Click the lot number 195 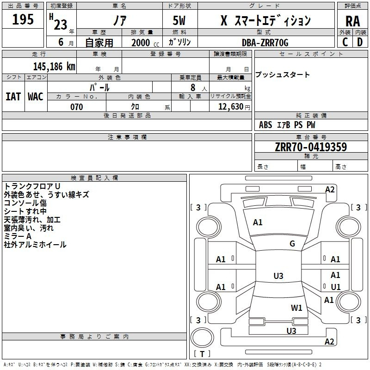[x=23, y=19]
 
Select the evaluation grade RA [x=352, y=22]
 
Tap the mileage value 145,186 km [x=54, y=67]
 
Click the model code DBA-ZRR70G [x=265, y=43]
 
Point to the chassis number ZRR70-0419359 [x=310, y=147]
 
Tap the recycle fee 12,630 [x=230, y=107]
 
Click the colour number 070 [x=76, y=107]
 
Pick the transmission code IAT [x=13, y=96]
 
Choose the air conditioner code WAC [x=35, y=96]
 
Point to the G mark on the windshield [x=292, y=244]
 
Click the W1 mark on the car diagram [x=296, y=308]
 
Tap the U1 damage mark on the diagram [x=335, y=287]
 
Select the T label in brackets [x=202, y=354]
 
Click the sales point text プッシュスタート [x=283, y=75]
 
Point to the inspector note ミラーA [x=18, y=236]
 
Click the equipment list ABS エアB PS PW [x=287, y=125]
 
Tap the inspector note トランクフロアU [x=32, y=186]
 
